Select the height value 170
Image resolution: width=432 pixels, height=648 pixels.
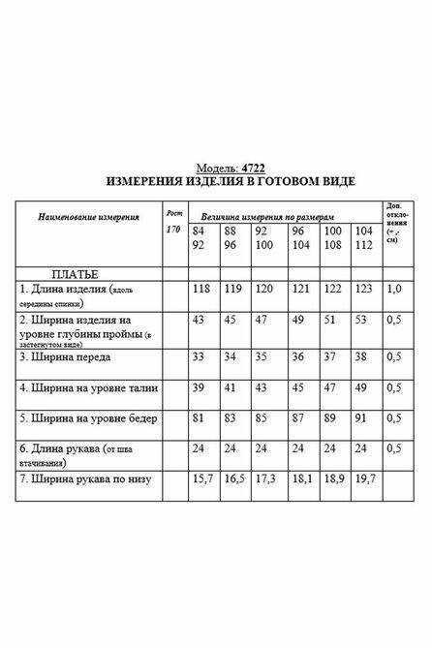[172, 230]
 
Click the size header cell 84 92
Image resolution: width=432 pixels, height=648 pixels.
[200, 239]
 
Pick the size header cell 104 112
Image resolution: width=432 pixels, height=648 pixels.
[364, 239]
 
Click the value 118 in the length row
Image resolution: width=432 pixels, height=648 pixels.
[201, 290]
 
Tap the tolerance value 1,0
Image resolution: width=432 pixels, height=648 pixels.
[394, 290]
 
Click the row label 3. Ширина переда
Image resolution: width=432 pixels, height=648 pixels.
[73, 356]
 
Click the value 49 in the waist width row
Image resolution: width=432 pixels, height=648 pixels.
[362, 387]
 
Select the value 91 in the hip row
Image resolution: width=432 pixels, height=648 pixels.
[362, 419]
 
